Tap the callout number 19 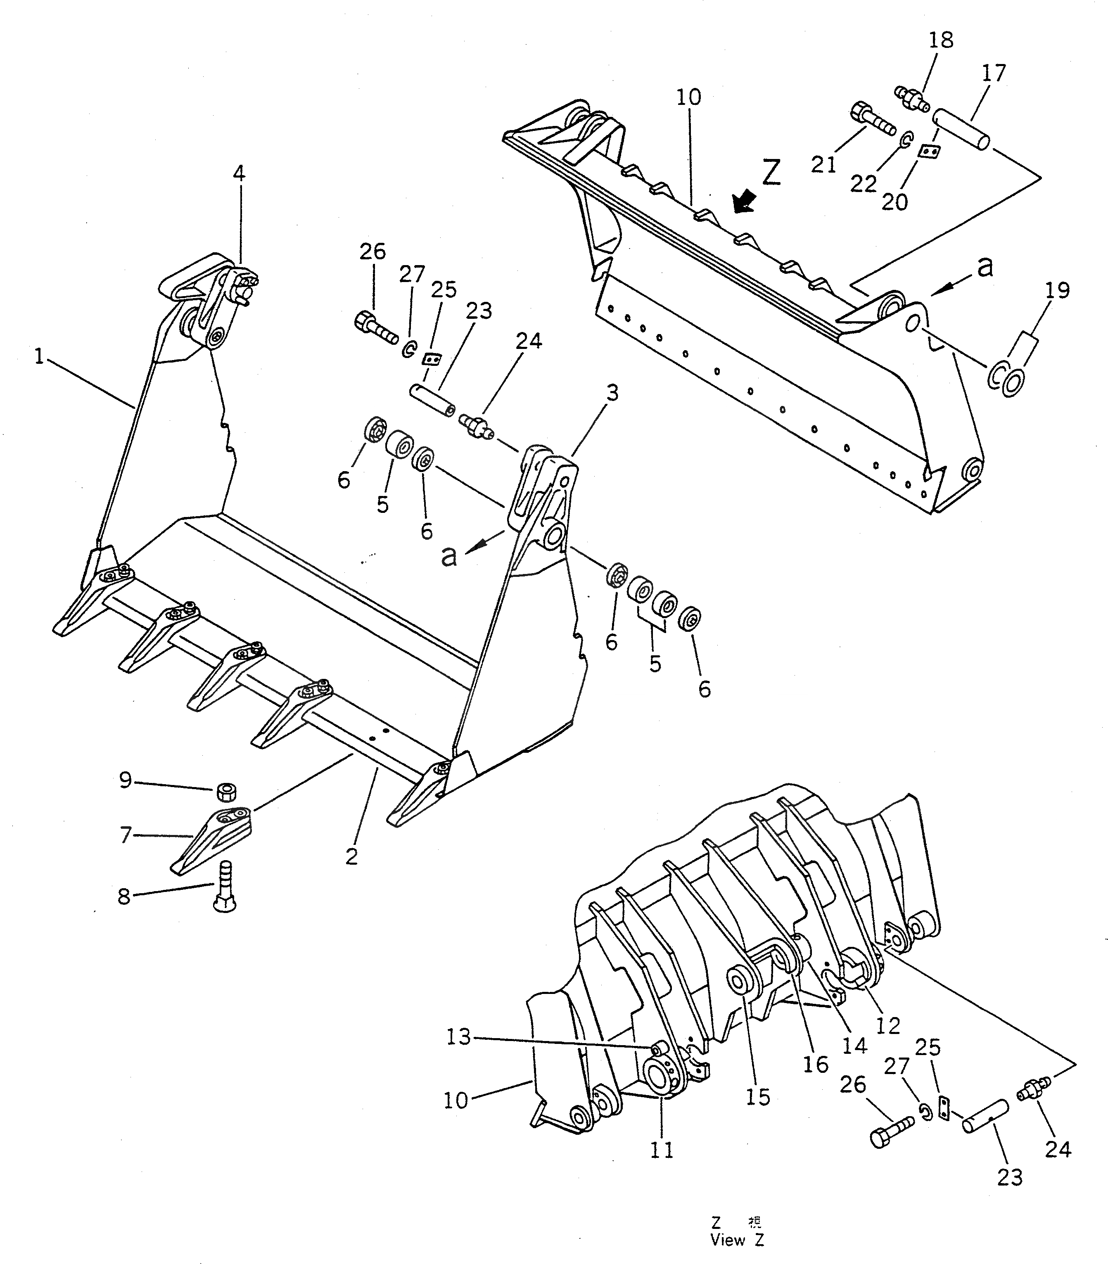tap(1058, 290)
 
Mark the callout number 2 tap(351, 857)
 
